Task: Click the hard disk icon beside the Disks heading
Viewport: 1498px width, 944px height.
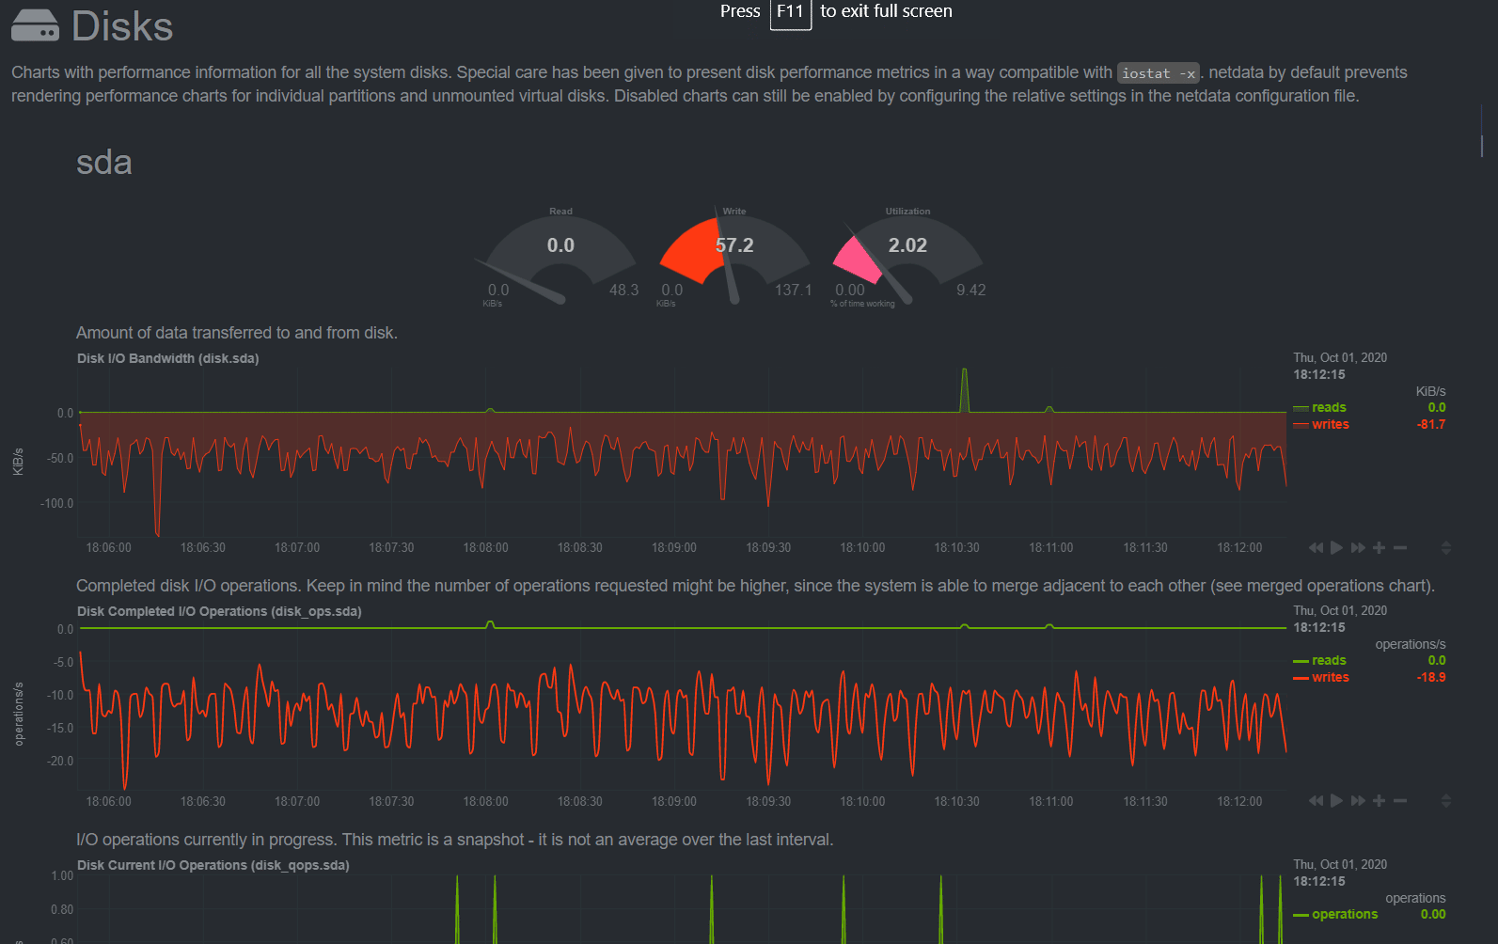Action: point(35,25)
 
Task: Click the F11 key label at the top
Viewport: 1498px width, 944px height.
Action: point(790,12)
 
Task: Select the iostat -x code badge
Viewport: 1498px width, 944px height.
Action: point(1158,73)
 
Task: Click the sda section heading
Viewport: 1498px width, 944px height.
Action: point(103,163)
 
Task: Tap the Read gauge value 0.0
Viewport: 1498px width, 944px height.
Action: point(560,245)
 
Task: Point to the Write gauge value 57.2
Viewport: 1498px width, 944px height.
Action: point(734,245)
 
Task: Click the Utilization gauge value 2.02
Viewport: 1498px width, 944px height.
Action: point(907,245)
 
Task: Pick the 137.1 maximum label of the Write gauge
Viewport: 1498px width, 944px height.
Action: point(793,290)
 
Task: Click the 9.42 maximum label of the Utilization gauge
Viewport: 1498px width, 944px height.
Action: point(970,290)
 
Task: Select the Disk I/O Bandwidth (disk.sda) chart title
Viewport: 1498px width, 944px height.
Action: point(167,358)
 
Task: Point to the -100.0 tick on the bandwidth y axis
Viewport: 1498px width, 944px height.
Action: point(56,503)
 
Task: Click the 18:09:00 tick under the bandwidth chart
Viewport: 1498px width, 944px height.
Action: point(673,547)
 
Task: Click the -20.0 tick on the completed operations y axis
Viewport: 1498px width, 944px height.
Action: point(60,761)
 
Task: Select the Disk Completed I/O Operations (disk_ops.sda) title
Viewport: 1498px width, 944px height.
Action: point(219,611)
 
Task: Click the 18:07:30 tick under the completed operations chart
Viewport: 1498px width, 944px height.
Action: point(391,801)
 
